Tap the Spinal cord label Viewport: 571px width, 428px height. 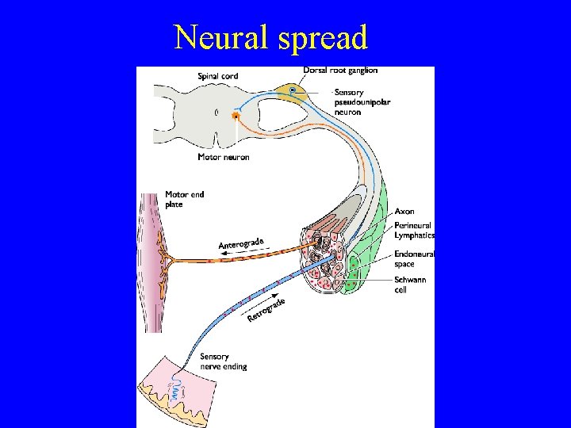pyautogui.click(x=217, y=76)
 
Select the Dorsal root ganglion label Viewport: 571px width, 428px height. pyautogui.click(x=340, y=71)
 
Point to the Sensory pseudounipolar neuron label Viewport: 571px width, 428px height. pyautogui.click(x=362, y=102)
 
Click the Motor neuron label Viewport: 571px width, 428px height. pyautogui.click(x=223, y=157)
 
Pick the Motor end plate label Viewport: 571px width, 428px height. pyautogui.click(x=185, y=199)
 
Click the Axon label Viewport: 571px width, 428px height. pyautogui.click(x=404, y=212)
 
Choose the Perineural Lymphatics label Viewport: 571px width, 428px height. pyautogui.click(x=414, y=230)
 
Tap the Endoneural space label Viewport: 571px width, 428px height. pyautogui.click(x=414, y=258)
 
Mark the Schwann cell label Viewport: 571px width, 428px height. pyautogui.click(x=410, y=285)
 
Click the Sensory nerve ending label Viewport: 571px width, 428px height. pyautogui.click(x=223, y=361)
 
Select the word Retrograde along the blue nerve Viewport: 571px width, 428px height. pyautogui.click(x=266, y=310)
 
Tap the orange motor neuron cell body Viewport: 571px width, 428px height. pyautogui.click(x=236, y=117)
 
